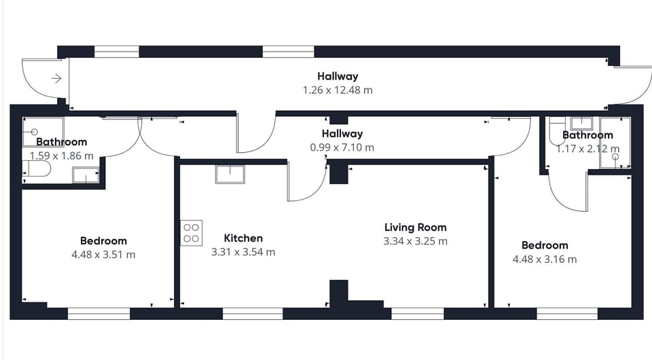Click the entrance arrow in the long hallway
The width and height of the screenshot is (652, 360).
[56, 79]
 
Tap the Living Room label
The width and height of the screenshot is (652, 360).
[415, 228]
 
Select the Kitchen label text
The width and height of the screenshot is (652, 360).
[243, 238]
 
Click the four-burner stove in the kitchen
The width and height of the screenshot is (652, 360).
[191, 233]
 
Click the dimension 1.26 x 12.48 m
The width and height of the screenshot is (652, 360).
[338, 90]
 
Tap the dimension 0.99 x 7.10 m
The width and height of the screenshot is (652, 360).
[342, 147]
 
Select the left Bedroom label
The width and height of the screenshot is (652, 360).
[103, 240]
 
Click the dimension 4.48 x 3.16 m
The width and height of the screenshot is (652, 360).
[545, 259]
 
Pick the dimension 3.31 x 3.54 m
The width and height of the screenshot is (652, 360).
[243, 252]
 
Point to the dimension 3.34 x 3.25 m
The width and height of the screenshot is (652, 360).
[415, 241]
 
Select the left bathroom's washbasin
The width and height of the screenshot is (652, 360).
[86, 175]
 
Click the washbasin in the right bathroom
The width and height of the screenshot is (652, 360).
[581, 123]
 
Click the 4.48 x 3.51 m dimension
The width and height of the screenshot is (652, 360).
[103, 255]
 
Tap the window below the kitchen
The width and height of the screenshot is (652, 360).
[253, 314]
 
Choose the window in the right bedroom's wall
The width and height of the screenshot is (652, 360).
[566, 314]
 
